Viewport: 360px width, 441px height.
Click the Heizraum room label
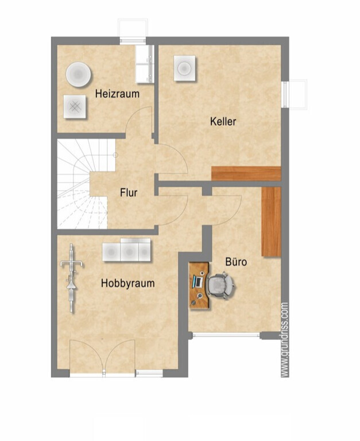point(117,94)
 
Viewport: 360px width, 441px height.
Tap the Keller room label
point(223,122)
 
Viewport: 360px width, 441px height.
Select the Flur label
point(129,193)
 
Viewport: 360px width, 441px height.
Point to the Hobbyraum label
point(128,283)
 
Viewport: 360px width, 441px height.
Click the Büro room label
point(236,262)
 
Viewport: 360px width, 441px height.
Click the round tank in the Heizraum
point(79,74)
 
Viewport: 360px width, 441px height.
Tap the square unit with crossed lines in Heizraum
point(75,107)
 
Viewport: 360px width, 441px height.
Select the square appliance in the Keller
point(184,68)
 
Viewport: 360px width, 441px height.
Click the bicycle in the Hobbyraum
point(72,278)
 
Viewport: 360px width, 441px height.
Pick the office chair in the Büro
point(222,285)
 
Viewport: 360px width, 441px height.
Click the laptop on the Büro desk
point(198,282)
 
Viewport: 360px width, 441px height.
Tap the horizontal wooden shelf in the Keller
point(246,173)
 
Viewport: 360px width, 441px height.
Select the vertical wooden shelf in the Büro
point(272,222)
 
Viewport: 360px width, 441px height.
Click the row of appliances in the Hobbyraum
point(126,250)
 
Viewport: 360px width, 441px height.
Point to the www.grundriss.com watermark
point(285,339)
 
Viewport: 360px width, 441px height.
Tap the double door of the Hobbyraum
point(102,357)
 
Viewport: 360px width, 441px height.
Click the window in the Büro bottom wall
point(226,335)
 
